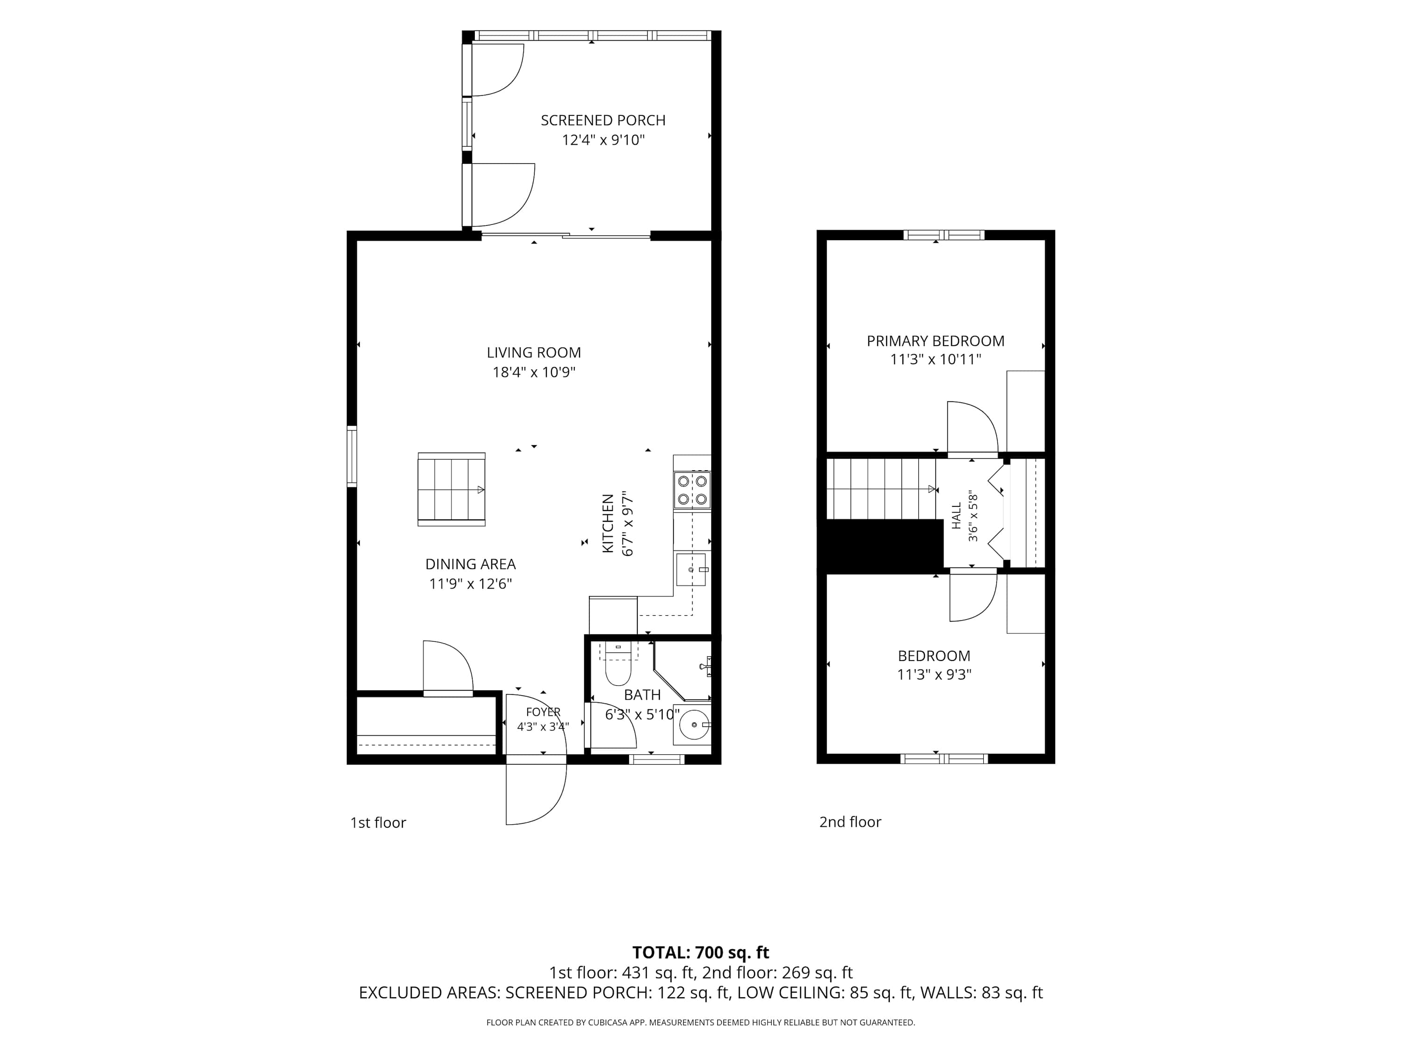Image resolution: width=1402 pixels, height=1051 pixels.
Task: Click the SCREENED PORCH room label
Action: click(603, 121)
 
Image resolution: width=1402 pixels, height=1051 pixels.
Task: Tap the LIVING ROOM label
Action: click(534, 353)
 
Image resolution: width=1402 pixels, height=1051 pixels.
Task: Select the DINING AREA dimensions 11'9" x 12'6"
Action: click(470, 583)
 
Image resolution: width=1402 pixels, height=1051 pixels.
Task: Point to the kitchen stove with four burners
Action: click(692, 490)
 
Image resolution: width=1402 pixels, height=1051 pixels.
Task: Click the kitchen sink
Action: click(692, 569)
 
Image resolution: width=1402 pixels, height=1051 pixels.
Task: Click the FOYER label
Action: click(543, 712)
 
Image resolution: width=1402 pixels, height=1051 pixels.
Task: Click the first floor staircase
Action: click(451, 489)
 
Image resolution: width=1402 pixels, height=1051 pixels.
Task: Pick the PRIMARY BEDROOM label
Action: click(936, 341)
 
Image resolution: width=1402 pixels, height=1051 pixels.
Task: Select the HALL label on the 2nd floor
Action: click(957, 516)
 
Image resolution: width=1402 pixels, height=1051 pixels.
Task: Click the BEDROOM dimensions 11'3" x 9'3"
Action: click(934, 675)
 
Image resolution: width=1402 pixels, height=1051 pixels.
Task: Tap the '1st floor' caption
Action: click(378, 822)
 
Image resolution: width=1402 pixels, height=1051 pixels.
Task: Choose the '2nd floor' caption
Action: click(850, 822)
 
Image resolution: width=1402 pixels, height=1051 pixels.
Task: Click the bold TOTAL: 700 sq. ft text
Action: click(701, 952)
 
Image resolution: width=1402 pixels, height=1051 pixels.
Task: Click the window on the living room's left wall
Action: click(352, 456)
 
